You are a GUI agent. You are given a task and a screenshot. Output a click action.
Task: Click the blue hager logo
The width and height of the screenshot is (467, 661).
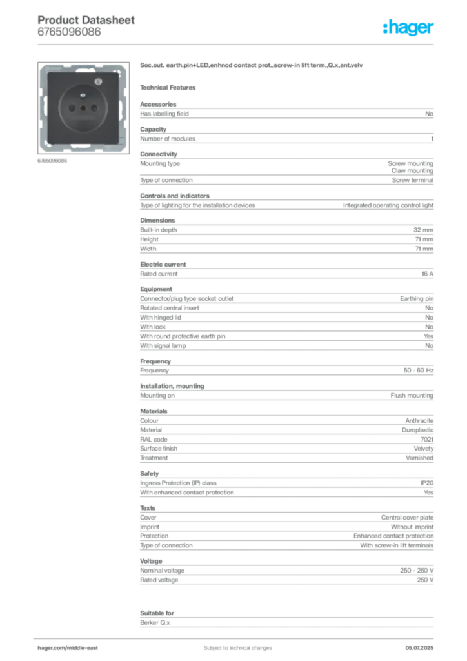pyautogui.click(x=410, y=28)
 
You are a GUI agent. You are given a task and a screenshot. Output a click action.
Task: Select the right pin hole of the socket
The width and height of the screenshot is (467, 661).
pyautogui.click(x=94, y=108)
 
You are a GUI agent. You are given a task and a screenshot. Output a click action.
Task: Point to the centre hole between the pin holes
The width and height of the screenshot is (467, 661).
pyautogui.click(x=83, y=108)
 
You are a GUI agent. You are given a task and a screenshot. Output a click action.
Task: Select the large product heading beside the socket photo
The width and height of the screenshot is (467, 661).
pyautogui.click(x=252, y=66)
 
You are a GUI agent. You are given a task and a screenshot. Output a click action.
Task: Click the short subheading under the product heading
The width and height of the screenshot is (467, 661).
pyautogui.click(x=170, y=87)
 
